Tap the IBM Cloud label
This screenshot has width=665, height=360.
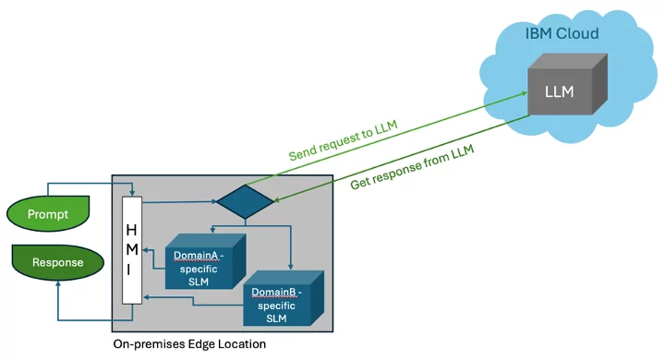562,33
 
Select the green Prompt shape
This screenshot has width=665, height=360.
48,214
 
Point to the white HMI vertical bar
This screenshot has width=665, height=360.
131,248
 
